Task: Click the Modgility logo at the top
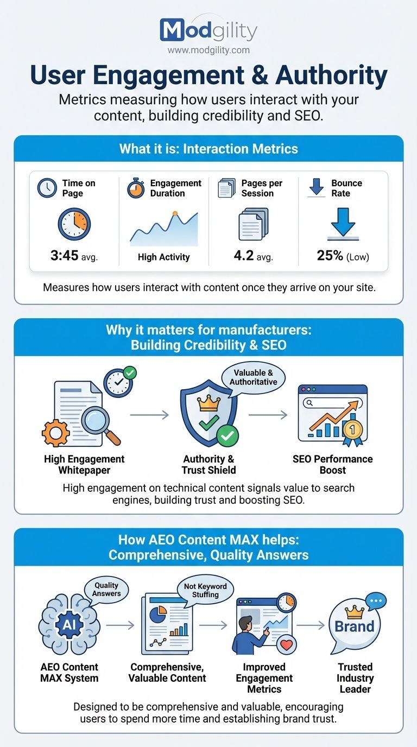[208, 30]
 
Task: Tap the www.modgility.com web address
[208, 50]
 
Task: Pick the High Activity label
[164, 257]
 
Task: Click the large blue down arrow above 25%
[343, 221]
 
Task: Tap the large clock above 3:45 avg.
[74, 224]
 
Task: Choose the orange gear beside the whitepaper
[55, 432]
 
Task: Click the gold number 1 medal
[352, 429]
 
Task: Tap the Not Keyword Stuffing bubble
[205, 591]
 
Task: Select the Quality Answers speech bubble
[106, 590]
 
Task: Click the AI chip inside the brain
[69, 625]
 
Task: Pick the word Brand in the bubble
[354, 626]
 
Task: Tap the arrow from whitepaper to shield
[149, 415]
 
